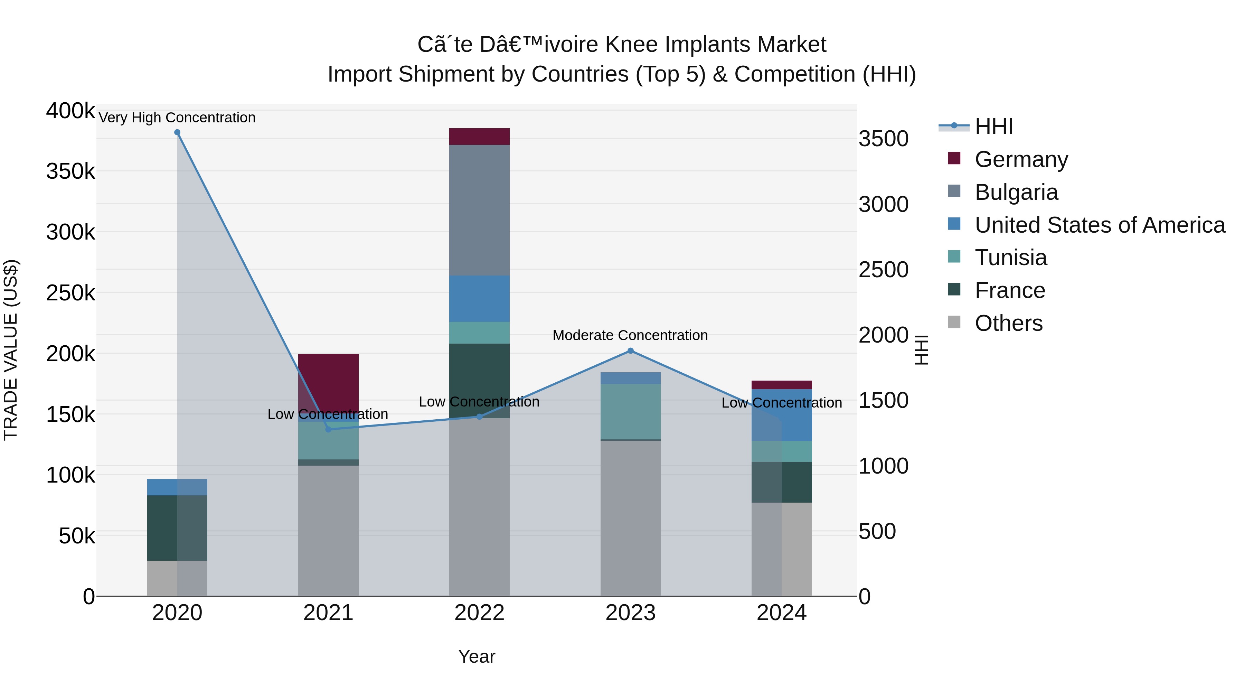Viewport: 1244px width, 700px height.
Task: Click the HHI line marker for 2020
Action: (x=177, y=132)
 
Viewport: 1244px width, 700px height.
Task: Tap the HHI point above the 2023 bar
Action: (x=630, y=351)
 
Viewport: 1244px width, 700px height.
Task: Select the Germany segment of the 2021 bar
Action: (x=328, y=382)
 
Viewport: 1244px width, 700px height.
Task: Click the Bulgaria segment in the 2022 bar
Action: (x=479, y=210)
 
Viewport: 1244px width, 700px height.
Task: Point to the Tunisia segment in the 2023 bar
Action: (x=630, y=412)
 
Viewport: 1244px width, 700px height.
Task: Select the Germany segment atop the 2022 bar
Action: (x=479, y=137)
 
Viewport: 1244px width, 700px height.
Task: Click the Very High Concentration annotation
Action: (x=177, y=118)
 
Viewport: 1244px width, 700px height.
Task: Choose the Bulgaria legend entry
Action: (x=1016, y=192)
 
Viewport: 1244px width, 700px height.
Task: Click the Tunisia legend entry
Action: (x=1010, y=258)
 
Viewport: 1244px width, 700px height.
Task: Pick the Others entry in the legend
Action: (x=1008, y=323)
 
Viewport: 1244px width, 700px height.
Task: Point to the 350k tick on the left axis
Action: (x=70, y=171)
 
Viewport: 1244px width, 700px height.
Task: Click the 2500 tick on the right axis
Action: (x=883, y=270)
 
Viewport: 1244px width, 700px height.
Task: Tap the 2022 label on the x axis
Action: (x=479, y=613)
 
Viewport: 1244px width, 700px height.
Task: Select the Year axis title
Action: (x=477, y=656)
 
